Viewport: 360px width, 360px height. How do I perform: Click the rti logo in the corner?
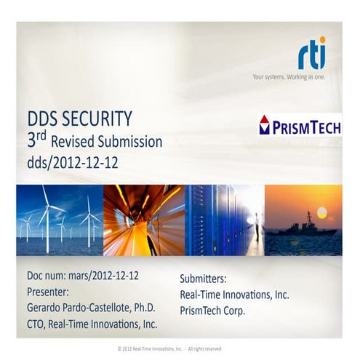[312, 53]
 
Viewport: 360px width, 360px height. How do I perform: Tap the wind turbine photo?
[59, 220]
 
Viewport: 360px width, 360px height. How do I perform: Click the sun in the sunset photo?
[321, 212]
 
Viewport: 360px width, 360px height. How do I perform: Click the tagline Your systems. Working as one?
[289, 76]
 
